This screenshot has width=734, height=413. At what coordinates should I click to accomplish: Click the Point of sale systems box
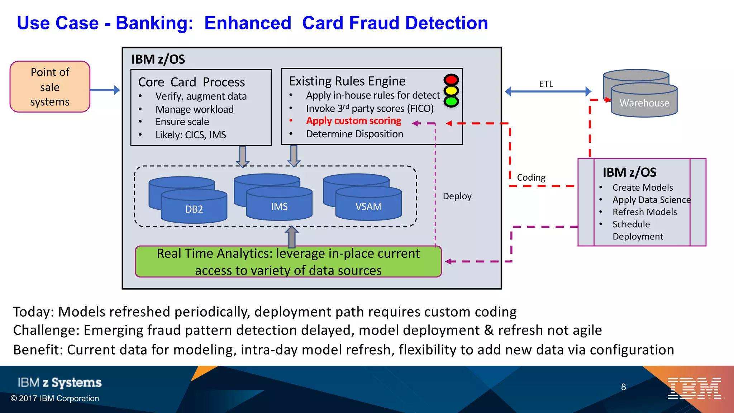(50, 87)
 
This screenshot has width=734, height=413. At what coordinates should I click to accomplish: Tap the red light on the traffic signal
(451, 80)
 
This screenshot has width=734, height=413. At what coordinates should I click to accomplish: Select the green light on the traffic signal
(451, 101)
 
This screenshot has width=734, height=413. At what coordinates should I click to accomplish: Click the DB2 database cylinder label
(194, 209)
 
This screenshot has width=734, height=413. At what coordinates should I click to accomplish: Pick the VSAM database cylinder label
(368, 206)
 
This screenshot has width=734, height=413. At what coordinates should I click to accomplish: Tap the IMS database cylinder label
(279, 206)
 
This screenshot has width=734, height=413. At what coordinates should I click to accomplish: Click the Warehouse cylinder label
(644, 103)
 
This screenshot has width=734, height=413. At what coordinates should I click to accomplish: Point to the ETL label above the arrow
(546, 84)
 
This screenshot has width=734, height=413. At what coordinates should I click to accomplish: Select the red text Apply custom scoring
(353, 121)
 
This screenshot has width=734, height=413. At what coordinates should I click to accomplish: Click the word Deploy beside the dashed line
(457, 196)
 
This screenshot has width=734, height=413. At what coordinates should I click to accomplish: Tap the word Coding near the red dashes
(531, 177)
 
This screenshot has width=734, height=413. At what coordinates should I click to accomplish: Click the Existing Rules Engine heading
(347, 81)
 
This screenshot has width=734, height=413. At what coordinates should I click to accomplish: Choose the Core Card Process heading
(191, 82)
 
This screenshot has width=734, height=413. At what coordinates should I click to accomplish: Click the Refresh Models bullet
(644, 212)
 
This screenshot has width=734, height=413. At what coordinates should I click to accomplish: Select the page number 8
(623, 387)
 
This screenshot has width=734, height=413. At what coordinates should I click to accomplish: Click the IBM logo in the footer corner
(694, 388)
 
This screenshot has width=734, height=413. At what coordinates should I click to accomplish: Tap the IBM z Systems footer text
(59, 383)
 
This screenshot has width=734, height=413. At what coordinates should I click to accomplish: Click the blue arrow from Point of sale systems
(105, 90)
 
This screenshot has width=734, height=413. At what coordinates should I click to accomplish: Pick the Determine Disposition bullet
(354, 134)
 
